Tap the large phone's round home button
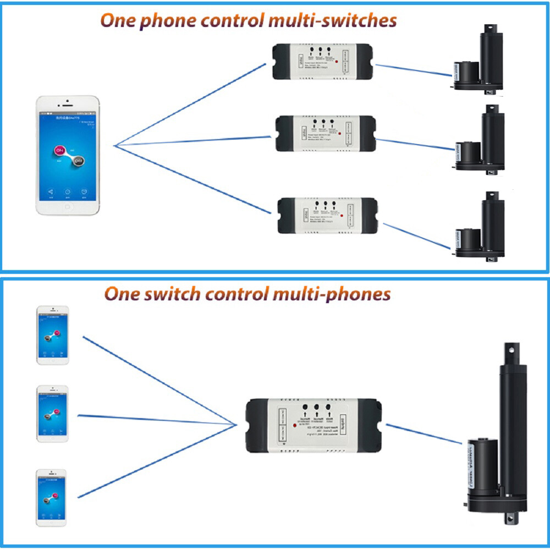click(x=68, y=207)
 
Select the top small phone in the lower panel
click(x=52, y=334)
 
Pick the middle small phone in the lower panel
click(x=52, y=414)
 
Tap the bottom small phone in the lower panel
click(x=52, y=497)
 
